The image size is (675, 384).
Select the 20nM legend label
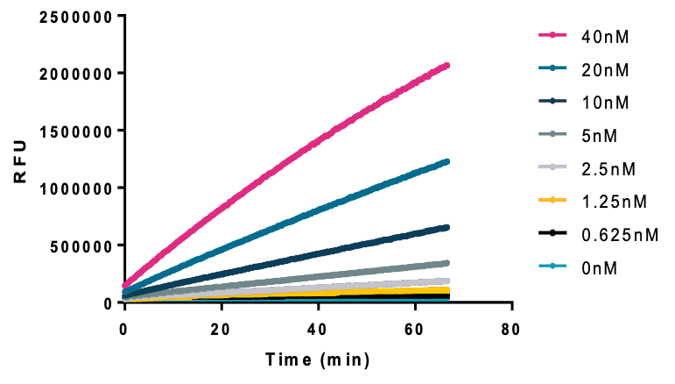605,69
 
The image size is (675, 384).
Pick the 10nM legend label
605,103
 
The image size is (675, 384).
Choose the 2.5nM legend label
608,169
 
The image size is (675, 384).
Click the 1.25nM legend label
613,203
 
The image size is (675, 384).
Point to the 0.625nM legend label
619,235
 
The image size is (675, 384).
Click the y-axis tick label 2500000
77,15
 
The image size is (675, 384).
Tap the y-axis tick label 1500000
77,131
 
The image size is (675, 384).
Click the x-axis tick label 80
512,329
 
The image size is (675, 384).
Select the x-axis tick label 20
221,329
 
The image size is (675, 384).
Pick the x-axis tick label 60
415,329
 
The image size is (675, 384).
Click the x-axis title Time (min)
318,359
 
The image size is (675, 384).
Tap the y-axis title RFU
21,159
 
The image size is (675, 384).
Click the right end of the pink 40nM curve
446,66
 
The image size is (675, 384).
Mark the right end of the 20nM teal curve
446,161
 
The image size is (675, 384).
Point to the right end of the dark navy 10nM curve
446,227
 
